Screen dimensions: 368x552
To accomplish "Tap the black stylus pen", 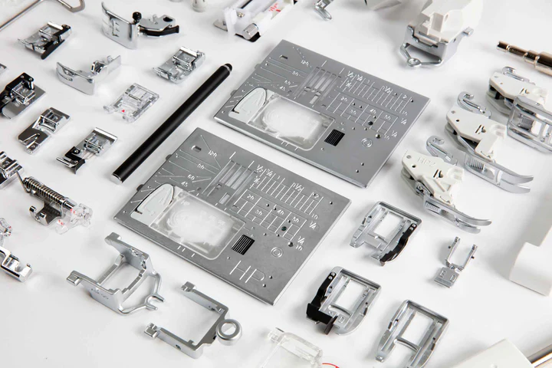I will [172, 122].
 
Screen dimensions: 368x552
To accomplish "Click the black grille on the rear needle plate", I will [334, 137].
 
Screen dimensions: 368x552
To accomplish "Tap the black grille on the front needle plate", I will [242, 245].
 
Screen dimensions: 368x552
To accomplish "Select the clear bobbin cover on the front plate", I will [192, 222].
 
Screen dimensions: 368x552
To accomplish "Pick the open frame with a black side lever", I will [341, 298].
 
